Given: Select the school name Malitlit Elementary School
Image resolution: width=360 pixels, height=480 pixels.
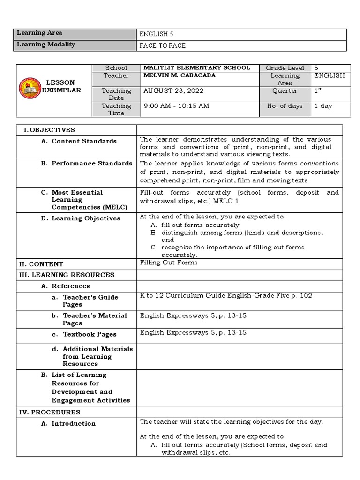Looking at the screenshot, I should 196,68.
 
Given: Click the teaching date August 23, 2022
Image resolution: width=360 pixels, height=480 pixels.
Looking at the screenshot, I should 173,90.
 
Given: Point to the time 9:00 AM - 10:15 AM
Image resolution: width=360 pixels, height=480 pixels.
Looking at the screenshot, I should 176,106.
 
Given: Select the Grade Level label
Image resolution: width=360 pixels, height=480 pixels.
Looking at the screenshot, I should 285,68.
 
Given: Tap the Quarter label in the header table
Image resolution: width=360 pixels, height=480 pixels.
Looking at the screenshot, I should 285,90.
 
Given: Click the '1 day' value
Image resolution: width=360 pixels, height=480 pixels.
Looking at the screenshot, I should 323,106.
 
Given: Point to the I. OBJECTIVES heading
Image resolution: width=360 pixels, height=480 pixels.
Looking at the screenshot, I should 49,130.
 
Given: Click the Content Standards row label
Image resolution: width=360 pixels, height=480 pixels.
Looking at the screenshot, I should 84,141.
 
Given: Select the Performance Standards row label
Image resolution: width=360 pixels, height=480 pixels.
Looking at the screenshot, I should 92,164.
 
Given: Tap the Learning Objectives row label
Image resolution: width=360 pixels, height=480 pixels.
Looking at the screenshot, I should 86,218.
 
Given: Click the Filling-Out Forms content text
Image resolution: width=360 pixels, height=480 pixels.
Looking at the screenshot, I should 169,262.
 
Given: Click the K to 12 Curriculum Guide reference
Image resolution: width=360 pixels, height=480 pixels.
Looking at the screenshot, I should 226,296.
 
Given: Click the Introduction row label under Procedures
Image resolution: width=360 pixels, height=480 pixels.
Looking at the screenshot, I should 73,424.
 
